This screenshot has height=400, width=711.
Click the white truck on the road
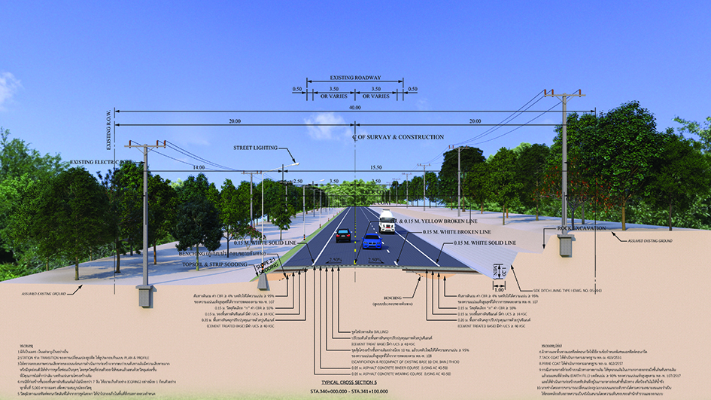[x=387, y=221]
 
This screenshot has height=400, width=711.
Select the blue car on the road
[x=372, y=241]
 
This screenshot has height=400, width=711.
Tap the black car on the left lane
[x=343, y=234]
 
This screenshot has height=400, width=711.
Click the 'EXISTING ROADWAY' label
[x=354, y=78]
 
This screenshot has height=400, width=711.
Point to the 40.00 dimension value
[x=354, y=106]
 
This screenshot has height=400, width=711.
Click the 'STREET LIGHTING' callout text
[x=256, y=148]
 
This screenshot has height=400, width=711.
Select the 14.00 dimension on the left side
[x=198, y=166]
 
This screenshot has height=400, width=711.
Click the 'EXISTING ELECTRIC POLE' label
[x=101, y=161]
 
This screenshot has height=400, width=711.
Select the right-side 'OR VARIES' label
[x=381, y=96]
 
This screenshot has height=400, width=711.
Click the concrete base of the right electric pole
[x=564, y=244]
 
